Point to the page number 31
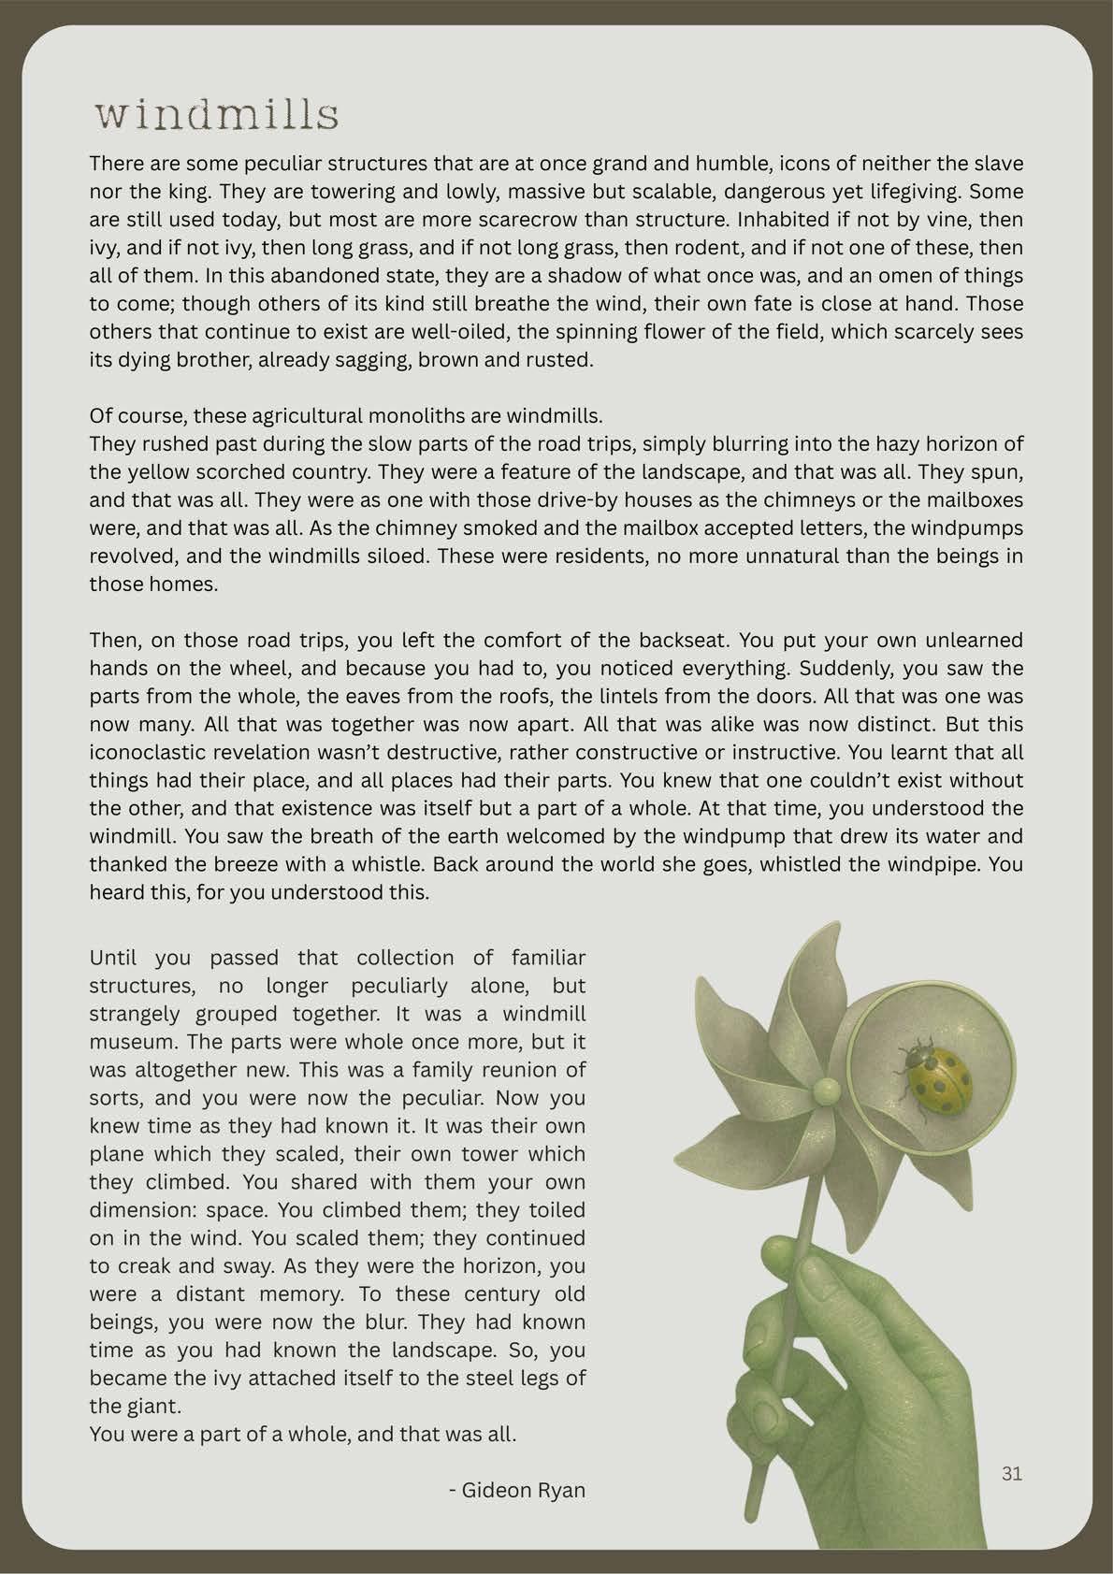pos(1012,1474)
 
